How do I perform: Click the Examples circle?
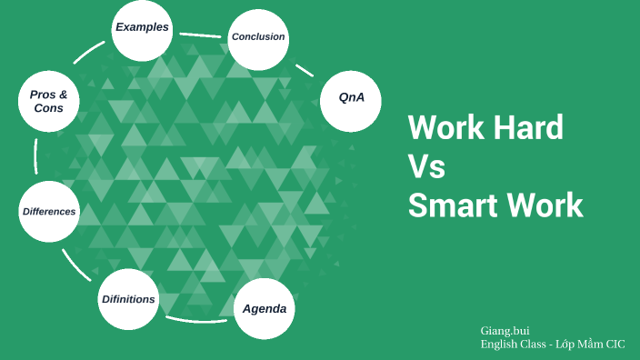click(x=142, y=28)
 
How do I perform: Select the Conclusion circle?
click(x=258, y=38)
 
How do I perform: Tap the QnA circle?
click(x=351, y=98)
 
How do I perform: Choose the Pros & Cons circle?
click(x=48, y=101)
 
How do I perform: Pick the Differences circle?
click(x=49, y=212)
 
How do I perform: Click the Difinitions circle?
click(x=128, y=299)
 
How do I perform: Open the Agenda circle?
click(x=265, y=309)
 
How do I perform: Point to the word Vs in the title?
click(x=426, y=166)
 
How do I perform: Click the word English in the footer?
click(x=501, y=345)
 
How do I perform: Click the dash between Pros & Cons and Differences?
click(x=35, y=155)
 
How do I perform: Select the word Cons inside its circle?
click(x=48, y=108)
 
